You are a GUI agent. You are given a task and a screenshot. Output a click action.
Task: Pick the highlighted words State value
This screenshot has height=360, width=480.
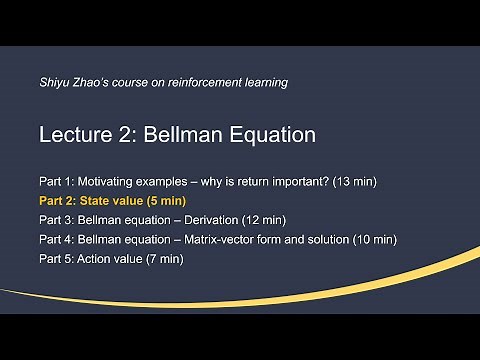[x=112, y=201]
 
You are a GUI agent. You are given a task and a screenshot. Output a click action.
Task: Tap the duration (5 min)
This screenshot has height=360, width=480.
[x=170, y=201]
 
